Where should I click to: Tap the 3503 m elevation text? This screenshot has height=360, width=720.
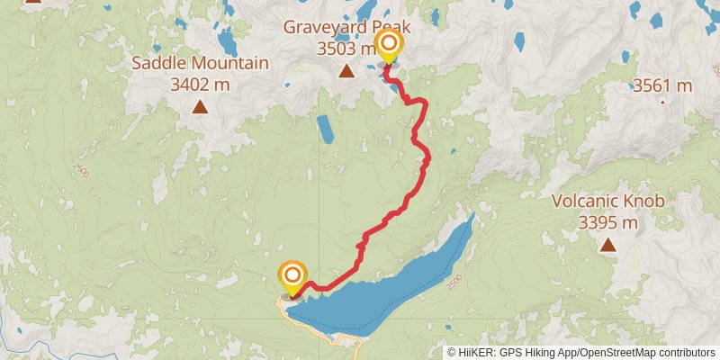[346, 49]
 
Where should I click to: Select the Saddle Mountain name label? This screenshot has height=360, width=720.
[200, 64]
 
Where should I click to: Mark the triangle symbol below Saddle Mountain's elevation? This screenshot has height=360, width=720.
[200, 108]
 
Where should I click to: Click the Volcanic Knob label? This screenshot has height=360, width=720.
[608, 202]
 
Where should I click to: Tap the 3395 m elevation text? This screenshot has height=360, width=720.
[608, 222]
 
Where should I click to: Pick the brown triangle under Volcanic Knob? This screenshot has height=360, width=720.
[609, 245]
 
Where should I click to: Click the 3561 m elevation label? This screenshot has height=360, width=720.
[662, 86]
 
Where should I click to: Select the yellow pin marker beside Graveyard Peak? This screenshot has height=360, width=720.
[390, 45]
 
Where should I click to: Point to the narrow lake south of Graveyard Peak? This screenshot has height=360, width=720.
[325, 130]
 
